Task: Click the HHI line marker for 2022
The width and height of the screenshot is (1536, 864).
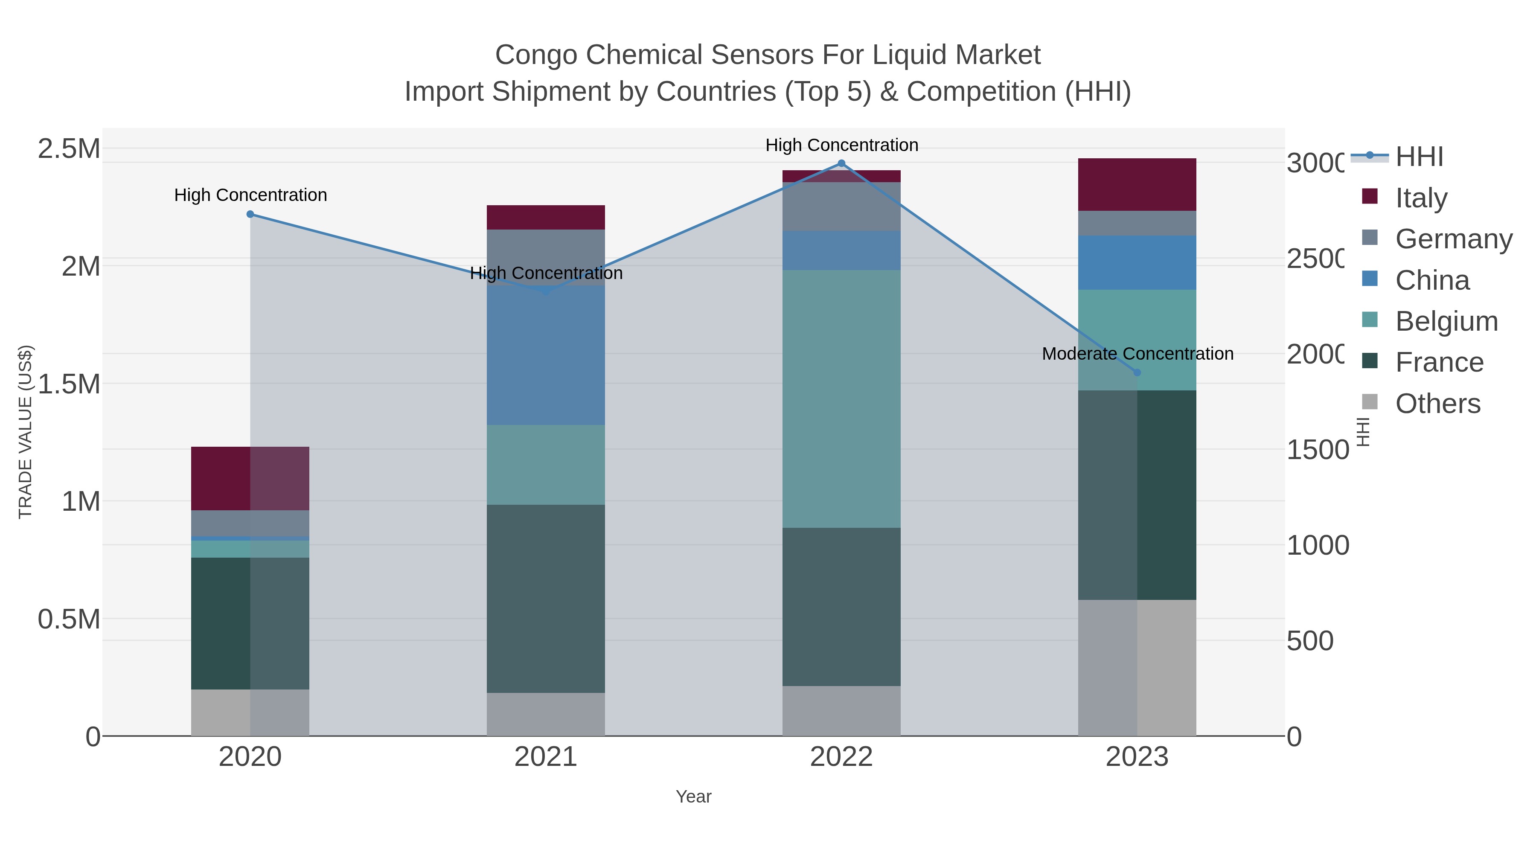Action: pyautogui.click(x=841, y=163)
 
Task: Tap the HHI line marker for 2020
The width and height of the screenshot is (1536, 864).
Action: pyautogui.click(x=250, y=215)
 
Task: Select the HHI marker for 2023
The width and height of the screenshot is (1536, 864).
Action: pyautogui.click(x=1137, y=372)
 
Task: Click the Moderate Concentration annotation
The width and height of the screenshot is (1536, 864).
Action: pyautogui.click(x=1137, y=354)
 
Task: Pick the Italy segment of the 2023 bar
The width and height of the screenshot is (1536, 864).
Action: pyautogui.click(x=1137, y=184)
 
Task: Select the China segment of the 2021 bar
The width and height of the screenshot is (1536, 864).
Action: pyautogui.click(x=546, y=358)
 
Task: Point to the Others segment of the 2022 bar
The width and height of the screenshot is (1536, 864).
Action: pyautogui.click(x=841, y=711)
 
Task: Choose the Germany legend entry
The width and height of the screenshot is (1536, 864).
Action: pyautogui.click(x=1453, y=239)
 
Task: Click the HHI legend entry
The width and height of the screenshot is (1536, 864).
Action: pyautogui.click(x=1419, y=157)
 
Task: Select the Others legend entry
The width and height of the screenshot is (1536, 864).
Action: pyautogui.click(x=1437, y=404)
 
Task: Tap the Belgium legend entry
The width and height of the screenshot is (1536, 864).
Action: pyautogui.click(x=1446, y=321)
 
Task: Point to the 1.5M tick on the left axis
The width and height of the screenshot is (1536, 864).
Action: pyautogui.click(x=69, y=384)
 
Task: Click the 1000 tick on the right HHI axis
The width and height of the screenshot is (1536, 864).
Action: pyautogui.click(x=1317, y=546)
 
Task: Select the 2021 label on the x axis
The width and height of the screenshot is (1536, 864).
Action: pyautogui.click(x=546, y=757)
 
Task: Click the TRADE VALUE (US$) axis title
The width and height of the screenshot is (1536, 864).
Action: pyautogui.click(x=25, y=432)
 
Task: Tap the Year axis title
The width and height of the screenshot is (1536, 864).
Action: pyautogui.click(x=693, y=797)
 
